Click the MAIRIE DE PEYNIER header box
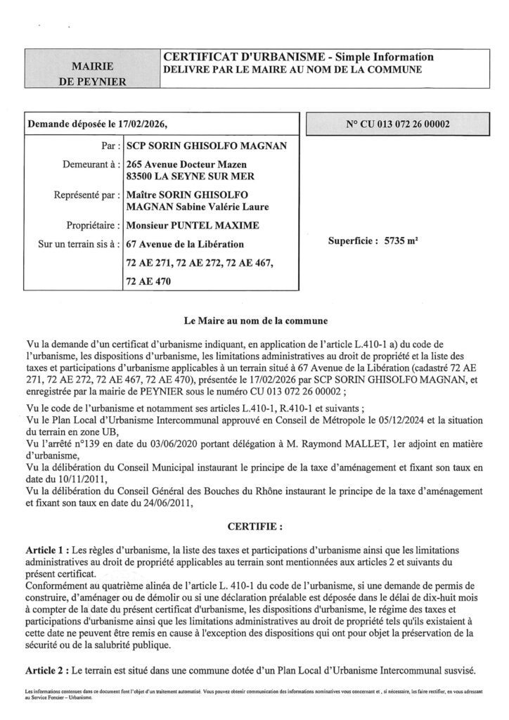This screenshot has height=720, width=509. pyautogui.click(x=94, y=73)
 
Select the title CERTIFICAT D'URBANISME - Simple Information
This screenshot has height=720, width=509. pyautogui.click(x=298, y=57)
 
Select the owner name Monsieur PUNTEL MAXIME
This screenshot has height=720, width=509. pyautogui.click(x=192, y=226)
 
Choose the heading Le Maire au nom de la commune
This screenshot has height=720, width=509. pyautogui.click(x=254, y=321)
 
